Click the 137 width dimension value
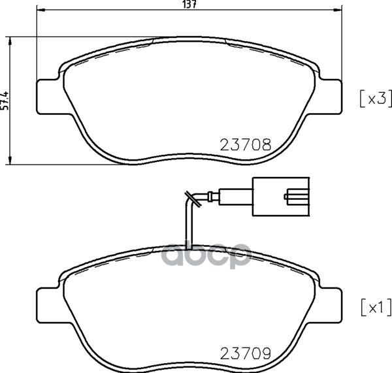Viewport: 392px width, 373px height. (x=190, y=5)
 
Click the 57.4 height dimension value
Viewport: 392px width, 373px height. (x=5, y=101)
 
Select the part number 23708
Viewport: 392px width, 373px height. (x=246, y=145)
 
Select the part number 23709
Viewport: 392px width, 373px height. (x=246, y=353)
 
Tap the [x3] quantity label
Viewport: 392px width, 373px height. (x=375, y=99)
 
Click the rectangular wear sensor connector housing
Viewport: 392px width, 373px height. (x=281, y=197)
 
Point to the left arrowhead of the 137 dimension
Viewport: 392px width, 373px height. (x=41, y=10)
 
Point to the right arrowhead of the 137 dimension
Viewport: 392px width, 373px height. (x=338, y=10)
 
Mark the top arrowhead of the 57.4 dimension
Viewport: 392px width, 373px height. (x=10, y=41)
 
